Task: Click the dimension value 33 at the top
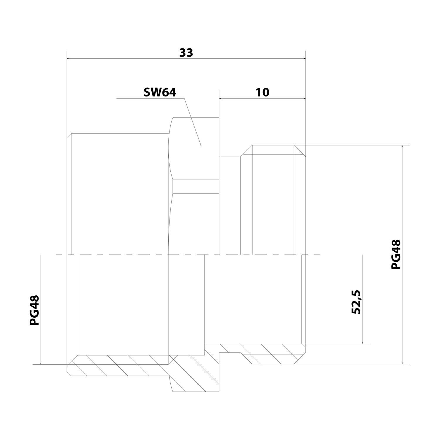pos(186,53)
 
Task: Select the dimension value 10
pos(263,92)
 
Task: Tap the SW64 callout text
pos(160,92)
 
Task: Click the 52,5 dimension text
pos(356,302)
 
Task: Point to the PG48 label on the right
pos(396,255)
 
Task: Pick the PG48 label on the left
pos(34,310)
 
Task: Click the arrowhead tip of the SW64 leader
pos(201,146)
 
